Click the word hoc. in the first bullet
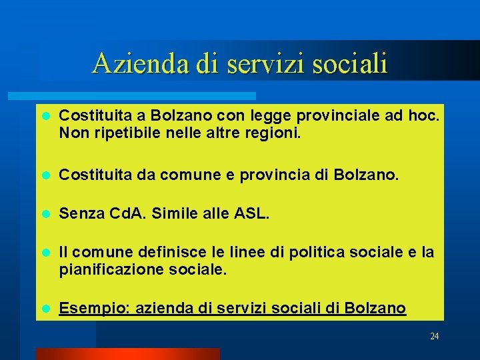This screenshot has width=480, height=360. pos(424,117)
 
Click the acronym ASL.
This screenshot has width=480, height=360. pos(253,214)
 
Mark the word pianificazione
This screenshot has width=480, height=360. pos(107,269)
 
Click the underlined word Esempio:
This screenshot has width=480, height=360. pos(89,308)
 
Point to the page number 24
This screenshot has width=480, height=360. pos(434,336)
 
